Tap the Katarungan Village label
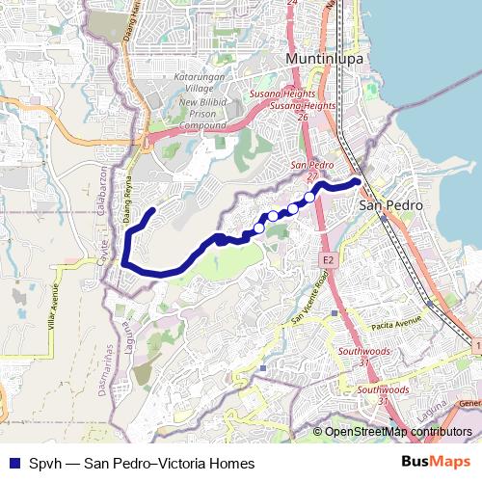[201, 83]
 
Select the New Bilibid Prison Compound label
[201, 114]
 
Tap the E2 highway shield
[328, 260]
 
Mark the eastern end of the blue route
[358, 181]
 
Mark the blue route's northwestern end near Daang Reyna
[152, 210]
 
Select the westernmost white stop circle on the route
[258, 228]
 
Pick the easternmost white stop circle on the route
[309, 198]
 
